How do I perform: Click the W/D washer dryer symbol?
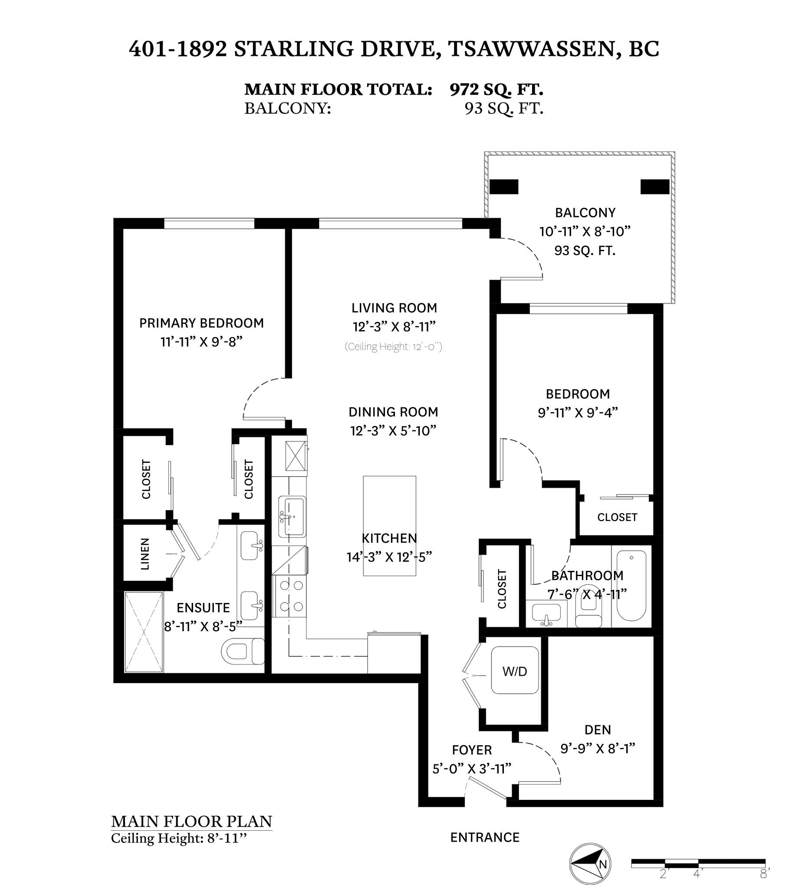pyautogui.click(x=515, y=671)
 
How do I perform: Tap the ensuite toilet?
pyautogui.click(x=243, y=652)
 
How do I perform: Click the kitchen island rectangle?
pyautogui.click(x=389, y=526)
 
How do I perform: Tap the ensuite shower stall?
pyautogui.click(x=144, y=632)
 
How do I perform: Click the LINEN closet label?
pyautogui.click(x=145, y=554)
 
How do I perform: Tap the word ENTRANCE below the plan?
pyautogui.click(x=485, y=837)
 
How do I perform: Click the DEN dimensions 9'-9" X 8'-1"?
pyautogui.click(x=598, y=748)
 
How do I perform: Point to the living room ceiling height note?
pyautogui.click(x=393, y=347)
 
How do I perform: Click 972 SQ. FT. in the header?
pyautogui.click(x=496, y=89)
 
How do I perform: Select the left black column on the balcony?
pyautogui.click(x=504, y=187)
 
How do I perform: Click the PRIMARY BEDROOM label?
pyautogui.click(x=201, y=323)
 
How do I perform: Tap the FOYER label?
pyautogui.click(x=472, y=750)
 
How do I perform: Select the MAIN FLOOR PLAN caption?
pyautogui.click(x=191, y=821)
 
